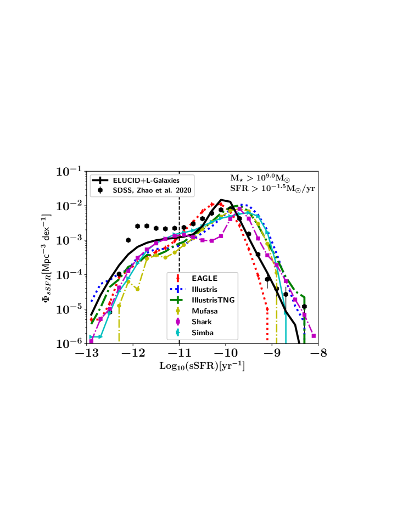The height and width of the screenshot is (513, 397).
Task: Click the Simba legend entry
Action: (202, 332)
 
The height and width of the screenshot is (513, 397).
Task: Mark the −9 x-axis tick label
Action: (270, 353)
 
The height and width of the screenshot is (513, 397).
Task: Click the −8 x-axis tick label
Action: (316, 353)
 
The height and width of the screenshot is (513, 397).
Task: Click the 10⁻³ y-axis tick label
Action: (69, 240)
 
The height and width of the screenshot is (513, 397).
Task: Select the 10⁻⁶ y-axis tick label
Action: (69, 343)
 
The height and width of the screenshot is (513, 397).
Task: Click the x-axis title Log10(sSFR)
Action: (202, 364)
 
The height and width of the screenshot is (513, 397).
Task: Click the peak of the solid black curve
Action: (221, 200)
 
